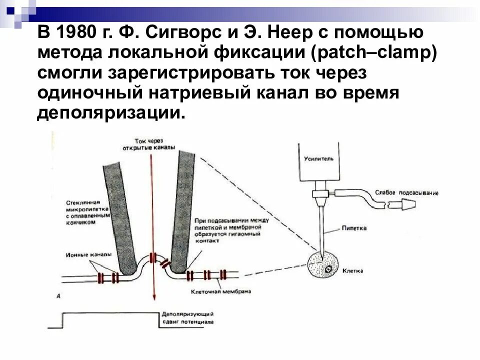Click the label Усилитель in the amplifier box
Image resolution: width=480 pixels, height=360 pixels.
tap(317, 158)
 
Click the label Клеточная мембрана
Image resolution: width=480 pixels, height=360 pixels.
tap(220, 291)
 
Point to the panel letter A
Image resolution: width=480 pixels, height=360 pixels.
tap(58, 296)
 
